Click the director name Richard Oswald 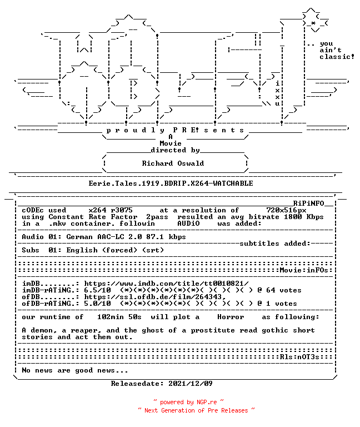tap(173, 163)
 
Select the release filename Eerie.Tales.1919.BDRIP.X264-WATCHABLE tap(171, 183)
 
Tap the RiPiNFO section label tap(308, 203)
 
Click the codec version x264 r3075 tap(111, 210)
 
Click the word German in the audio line tap(79, 237)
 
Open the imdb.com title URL tap(166, 284)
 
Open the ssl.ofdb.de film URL tap(155, 297)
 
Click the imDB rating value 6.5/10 tap(97, 290)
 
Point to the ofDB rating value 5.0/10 tap(97, 304)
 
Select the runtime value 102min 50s tap(119, 317)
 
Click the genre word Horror tap(231, 317)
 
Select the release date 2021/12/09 tap(191, 384)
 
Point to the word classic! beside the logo tap(337, 57)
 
